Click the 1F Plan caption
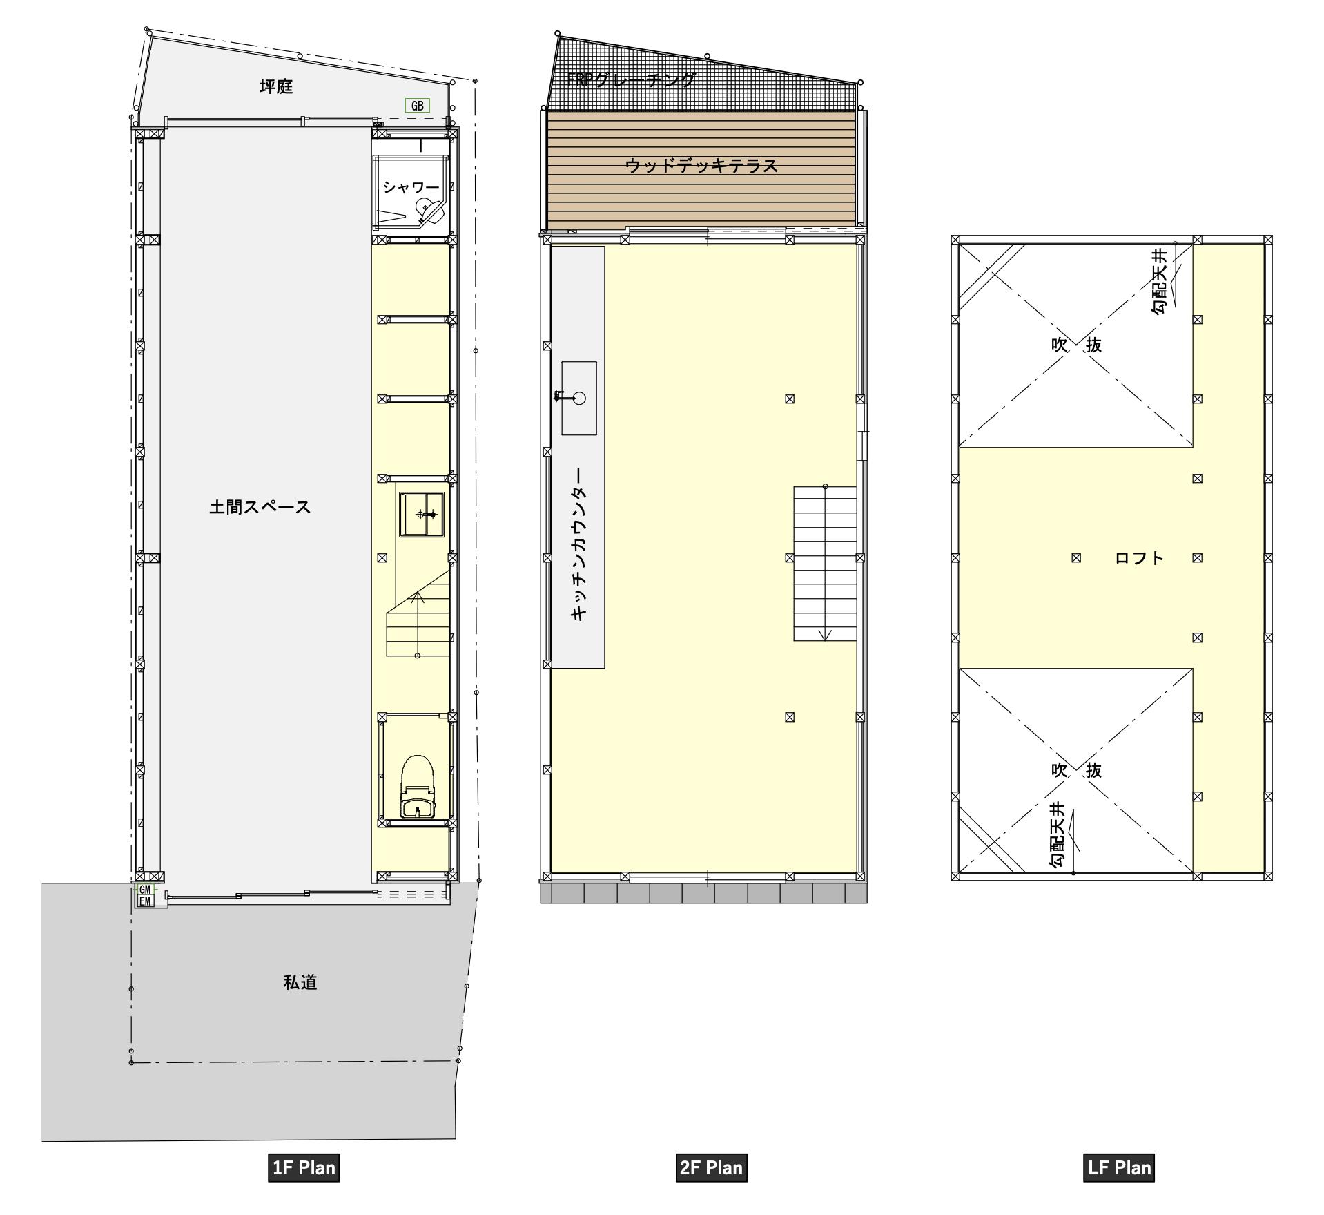[x=304, y=1167]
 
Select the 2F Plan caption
[x=711, y=1167]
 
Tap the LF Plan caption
[x=1119, y=1167]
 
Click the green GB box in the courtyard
[x=417, y=106]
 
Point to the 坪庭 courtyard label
[x=276, y=86]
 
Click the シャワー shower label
[x=411, y=187]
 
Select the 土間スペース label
[x=260, y=507]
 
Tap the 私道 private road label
[x=300, y=982]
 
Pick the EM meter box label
[x=145, y=901]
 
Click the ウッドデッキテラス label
[x=701, y=166]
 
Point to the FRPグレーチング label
[x=631, y=79]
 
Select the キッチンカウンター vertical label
[x=580, y=545]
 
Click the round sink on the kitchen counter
[x=580, y=398]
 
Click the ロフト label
[x=1140, y=558]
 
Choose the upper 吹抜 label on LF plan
[x=1076, y=345]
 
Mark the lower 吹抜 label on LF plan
[x=1076, y=769]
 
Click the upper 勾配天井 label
[x=1160, y=282]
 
